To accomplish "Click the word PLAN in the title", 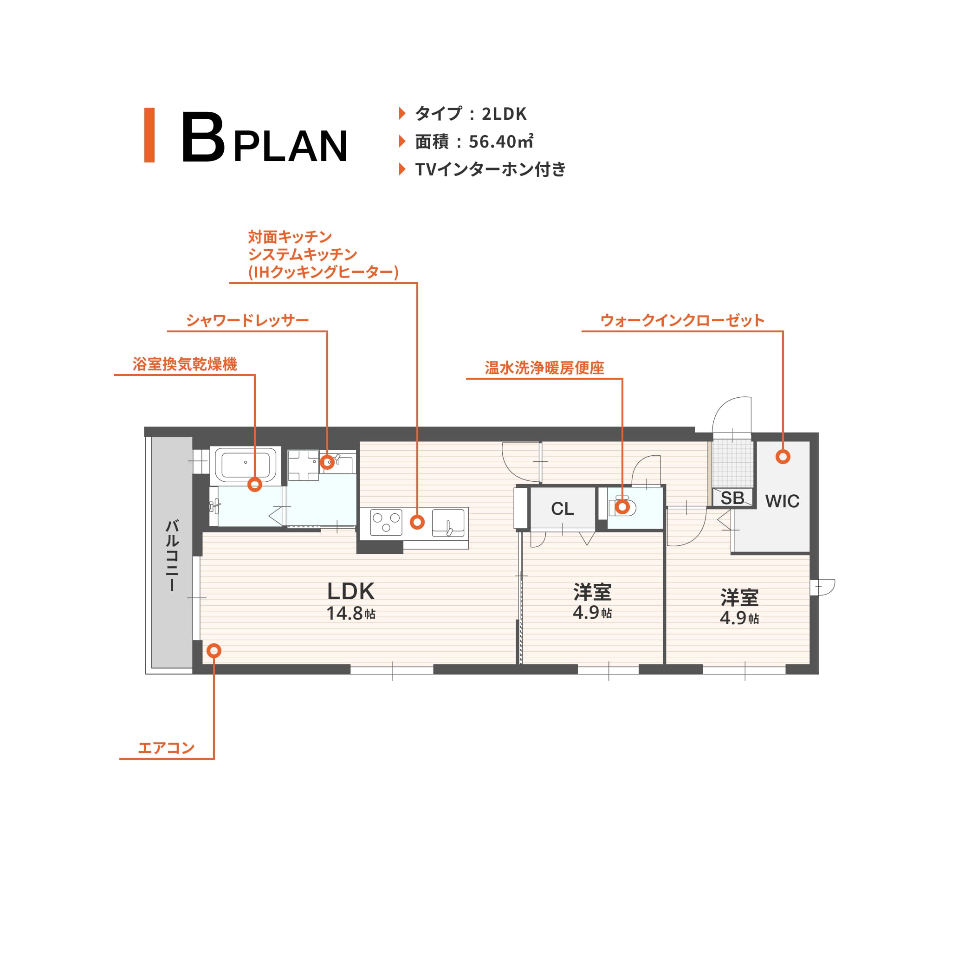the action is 291,146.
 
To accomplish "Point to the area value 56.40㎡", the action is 501,142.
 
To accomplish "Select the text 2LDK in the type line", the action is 504,114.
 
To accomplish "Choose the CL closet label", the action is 562,509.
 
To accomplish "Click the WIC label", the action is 782,501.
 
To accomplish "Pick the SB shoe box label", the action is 732,498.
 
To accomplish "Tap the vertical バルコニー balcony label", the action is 172,556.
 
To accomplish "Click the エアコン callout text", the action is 166,747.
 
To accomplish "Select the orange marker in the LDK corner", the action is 214,651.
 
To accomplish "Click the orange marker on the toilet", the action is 622,507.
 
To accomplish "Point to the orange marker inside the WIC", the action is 783,457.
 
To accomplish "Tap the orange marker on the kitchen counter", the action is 418,522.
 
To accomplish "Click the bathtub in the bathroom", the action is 246,465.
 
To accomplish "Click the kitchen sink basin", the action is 448,523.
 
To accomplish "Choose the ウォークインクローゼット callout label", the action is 682,320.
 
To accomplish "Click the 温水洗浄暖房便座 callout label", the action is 544,368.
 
